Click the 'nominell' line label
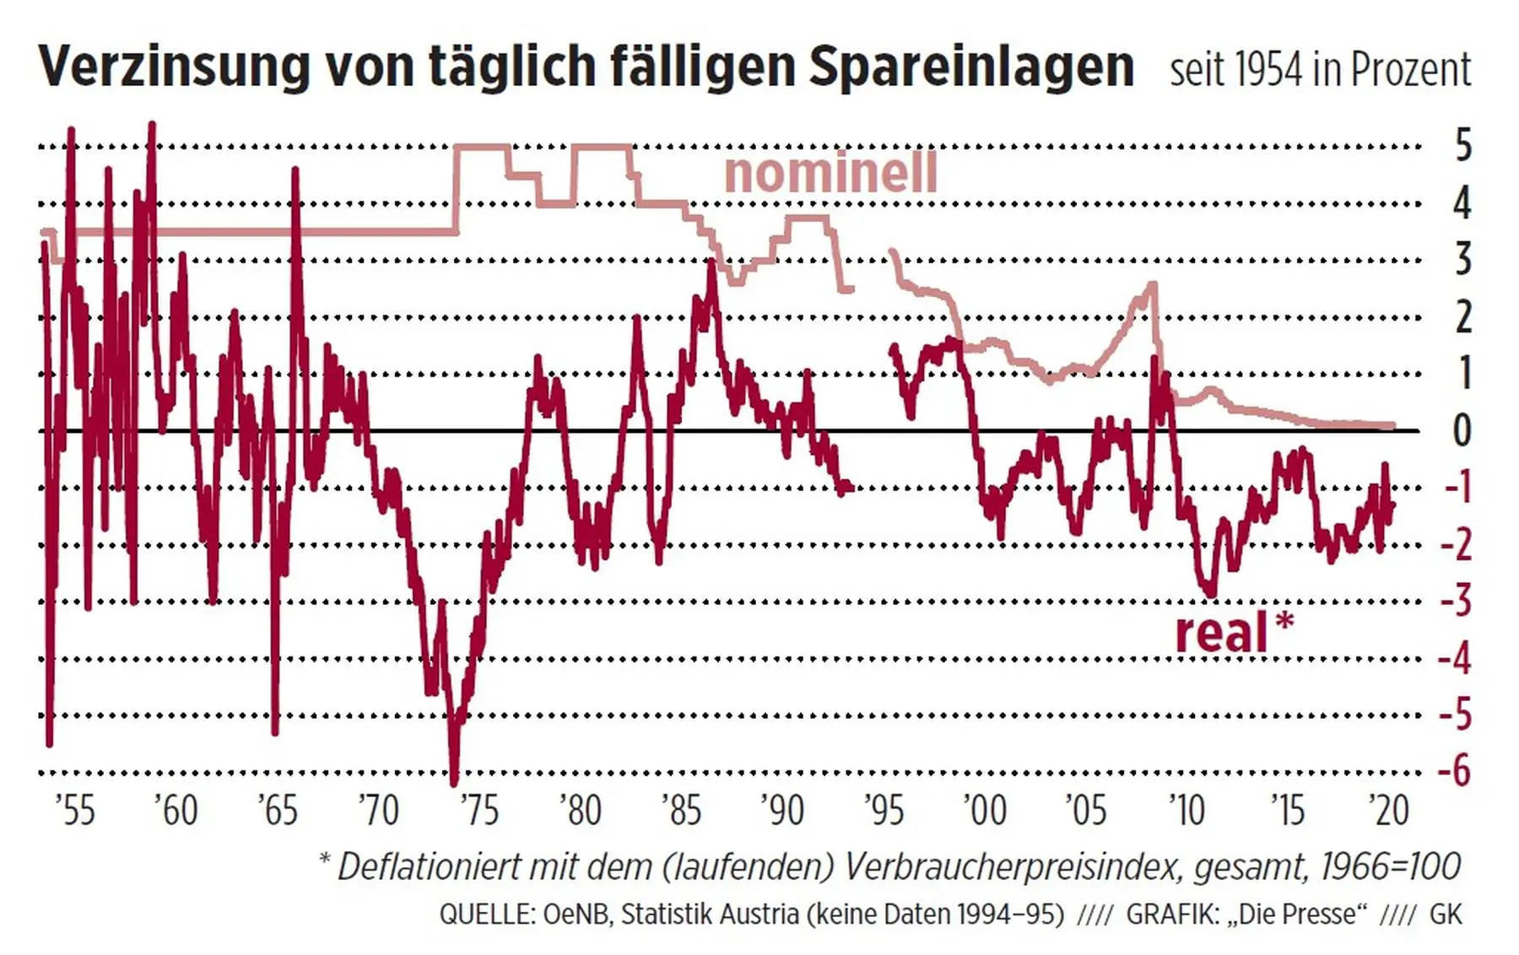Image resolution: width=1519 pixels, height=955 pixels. pos(830,172)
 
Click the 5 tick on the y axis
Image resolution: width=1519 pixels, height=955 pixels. pos(1463,146)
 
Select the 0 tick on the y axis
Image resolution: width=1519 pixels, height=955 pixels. pos(1463,430)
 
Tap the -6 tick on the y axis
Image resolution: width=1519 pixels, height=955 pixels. pos(1455,771)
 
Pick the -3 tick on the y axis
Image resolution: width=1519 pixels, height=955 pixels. pos(1455,601)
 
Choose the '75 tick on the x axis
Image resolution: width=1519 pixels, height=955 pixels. pos(479,811)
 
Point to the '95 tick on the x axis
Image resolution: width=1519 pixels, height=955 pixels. pos(884,811)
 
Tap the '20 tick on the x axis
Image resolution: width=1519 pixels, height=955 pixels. pos(1387,811)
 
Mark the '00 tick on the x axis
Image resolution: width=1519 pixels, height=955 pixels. pos(984,811)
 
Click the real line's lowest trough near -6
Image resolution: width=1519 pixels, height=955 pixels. pos(454,781)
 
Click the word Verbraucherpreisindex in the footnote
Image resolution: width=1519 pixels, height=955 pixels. pos(1013,867)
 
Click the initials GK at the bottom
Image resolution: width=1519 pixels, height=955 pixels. pos(1446,915)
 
